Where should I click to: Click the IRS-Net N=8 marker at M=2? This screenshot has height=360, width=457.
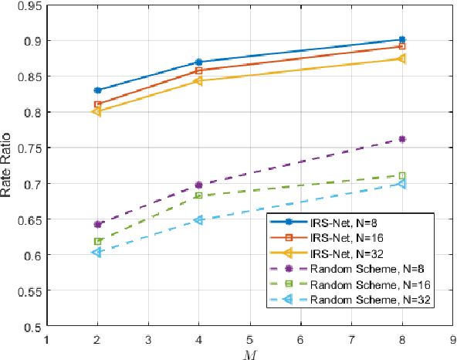[97, 90]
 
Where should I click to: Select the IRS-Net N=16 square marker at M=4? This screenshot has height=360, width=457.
[199, 70]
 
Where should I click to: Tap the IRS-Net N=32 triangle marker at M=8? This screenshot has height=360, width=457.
[401, 58]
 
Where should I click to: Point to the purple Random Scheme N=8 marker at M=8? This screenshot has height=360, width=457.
[402, 139]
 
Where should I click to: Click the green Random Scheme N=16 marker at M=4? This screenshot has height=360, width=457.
[199, 195]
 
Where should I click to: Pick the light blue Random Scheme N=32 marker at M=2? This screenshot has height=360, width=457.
[97, 252]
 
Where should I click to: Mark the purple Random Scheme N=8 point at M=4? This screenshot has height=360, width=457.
[199, 185]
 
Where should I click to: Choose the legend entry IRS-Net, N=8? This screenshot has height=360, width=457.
[347, 224]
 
